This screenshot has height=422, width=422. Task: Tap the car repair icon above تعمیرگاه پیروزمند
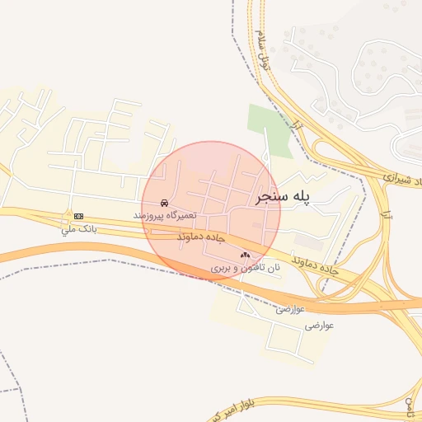(165, 202)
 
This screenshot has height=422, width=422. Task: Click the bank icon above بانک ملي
(78, 216)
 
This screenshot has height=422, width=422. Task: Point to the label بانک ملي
(78, 229)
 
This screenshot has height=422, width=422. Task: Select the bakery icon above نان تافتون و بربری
(245, 256)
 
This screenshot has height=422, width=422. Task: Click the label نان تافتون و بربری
(246, 268)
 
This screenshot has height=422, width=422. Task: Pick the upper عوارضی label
(290, 309)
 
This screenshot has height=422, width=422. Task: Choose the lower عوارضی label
(320, 326)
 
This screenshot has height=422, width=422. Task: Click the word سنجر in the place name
(270, 198)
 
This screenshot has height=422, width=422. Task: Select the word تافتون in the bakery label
(248, 268)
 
